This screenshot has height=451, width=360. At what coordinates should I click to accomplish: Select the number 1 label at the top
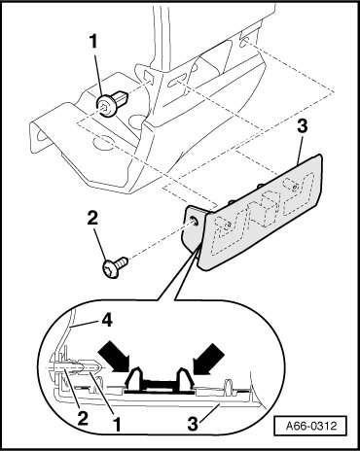[93, 42]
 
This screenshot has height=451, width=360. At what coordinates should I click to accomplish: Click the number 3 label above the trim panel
[303, 126]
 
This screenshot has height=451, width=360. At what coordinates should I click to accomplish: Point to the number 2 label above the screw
[92, 219]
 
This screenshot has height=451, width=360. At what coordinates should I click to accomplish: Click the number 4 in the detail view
[107, 321]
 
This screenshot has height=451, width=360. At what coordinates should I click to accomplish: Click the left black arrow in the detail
[115, 358]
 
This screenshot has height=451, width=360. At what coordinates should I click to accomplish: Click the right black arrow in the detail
[208, 357]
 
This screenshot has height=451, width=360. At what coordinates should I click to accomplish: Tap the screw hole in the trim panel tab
[194, 221]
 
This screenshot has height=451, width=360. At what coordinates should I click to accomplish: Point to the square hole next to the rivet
[148, 78]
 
